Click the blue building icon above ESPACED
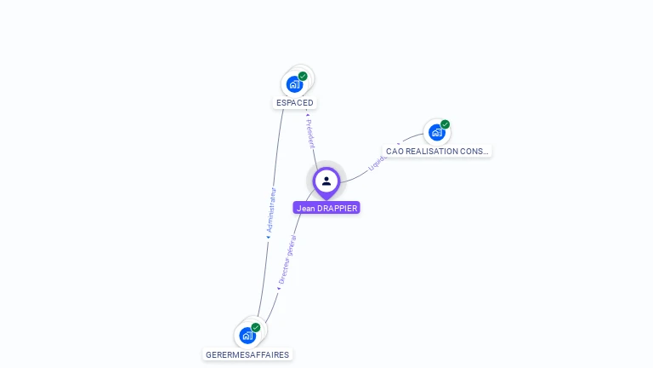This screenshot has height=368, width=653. point(294,84)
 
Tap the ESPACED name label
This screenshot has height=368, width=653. point(295,103)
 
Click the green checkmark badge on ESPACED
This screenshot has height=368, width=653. point(303,76)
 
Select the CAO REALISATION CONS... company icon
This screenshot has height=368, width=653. point(436,133)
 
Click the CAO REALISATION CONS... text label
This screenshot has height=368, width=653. point(437,152)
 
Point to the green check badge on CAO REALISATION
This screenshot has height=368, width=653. point(445,124)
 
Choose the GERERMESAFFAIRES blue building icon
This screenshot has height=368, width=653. point(247,336)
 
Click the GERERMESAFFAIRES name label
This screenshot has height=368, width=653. point(247,354)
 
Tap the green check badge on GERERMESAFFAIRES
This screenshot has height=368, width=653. point(256,327)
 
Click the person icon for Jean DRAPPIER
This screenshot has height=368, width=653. point(326,181)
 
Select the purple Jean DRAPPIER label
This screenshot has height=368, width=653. point(326,208)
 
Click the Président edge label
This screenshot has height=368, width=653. point(311,135)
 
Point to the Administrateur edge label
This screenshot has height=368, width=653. point(271,210)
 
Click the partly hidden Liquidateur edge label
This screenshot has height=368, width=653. point(378,160)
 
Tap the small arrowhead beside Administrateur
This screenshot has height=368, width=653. point(268,238)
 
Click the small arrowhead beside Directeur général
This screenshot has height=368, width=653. point(278,289)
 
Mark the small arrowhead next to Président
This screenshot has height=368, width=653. point(307,113)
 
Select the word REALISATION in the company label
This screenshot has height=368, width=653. point(434,152)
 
